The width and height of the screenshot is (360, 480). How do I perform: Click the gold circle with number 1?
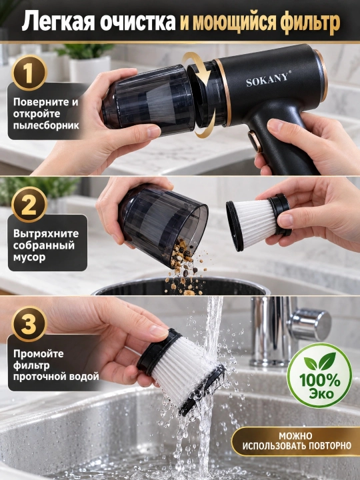coord(29,73)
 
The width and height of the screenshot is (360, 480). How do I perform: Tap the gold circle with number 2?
coord(29,205)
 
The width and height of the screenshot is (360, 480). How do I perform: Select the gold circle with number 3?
coord(29,324)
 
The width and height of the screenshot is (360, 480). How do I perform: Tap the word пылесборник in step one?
coord(46,125)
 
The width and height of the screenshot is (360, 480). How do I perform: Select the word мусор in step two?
coord(29,257)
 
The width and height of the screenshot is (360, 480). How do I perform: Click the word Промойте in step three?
coord(39,354)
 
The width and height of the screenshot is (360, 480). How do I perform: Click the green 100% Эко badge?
coord(319,375)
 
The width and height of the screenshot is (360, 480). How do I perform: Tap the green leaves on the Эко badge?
coord(319,361)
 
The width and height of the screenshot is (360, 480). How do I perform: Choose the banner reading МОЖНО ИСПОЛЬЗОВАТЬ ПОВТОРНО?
coord(296,441)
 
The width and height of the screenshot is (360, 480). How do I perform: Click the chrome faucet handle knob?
coord(310,325)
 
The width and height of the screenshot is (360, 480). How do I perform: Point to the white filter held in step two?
coord(259,221)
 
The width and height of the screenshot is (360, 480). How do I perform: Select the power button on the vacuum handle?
coord(255,141)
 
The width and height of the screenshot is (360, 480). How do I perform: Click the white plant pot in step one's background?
coord(89,68)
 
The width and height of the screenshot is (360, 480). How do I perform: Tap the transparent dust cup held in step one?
coord(149,101)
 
